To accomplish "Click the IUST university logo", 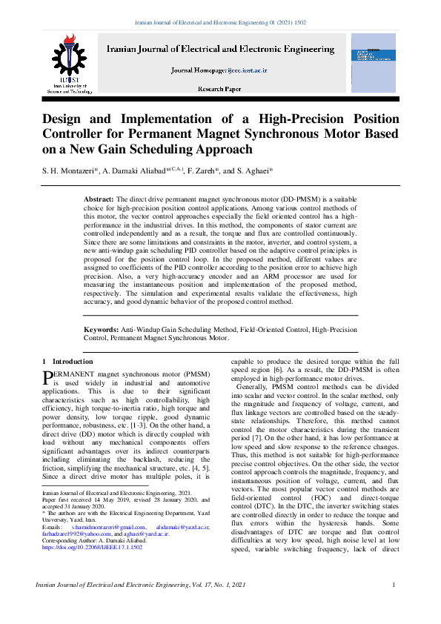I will (x=68, y=59).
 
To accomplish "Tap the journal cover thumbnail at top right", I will (x=374, y=59).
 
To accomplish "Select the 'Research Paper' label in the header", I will (x=220, y=89).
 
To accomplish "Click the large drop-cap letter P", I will (x=48, y=379).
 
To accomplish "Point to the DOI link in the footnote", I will (x=82, y=547).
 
